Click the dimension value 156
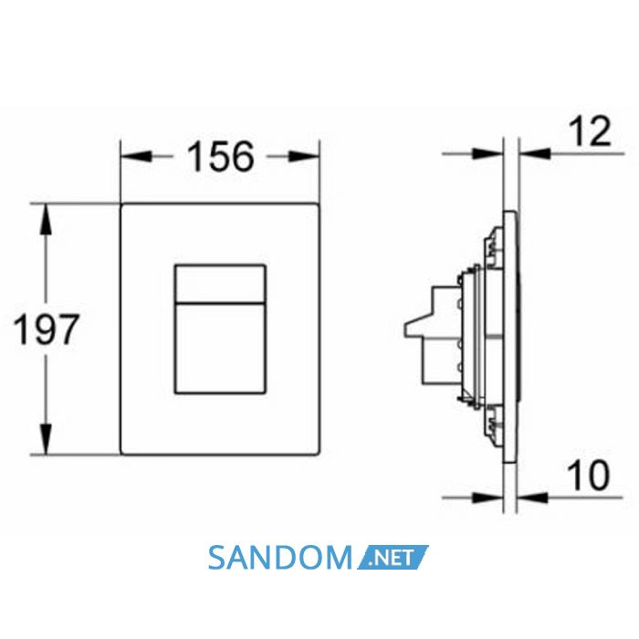point(221,156)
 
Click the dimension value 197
point(46,329)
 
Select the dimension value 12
point(590,131)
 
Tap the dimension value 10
point(589,476)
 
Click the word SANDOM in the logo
point(279,558)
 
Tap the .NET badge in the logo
point(393,557)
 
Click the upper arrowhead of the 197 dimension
point(46,219)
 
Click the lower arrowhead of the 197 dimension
point(46,438)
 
